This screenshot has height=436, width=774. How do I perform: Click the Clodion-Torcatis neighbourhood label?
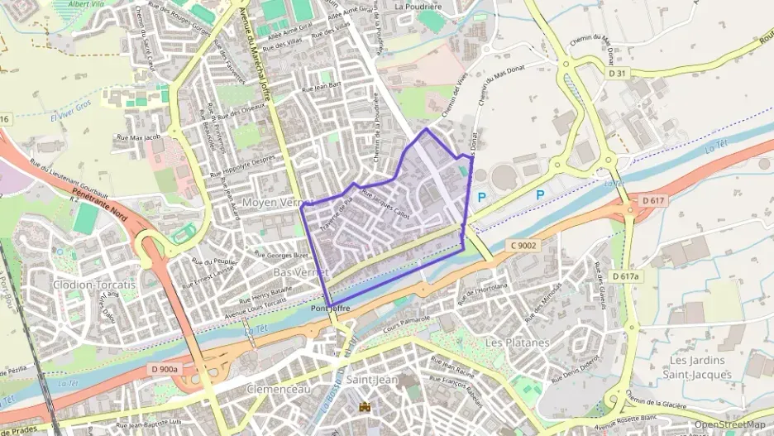pos(93,284)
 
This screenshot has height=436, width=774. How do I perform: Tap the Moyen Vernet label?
pos(274,203)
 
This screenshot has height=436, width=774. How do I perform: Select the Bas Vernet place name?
pos(299,271)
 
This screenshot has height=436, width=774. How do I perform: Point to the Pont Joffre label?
pos(332,309)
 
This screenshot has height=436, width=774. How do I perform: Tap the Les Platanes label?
pos(517,342)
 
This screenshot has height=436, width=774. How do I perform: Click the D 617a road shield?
pos(625,275)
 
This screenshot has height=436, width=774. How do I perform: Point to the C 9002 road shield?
pos(523,245)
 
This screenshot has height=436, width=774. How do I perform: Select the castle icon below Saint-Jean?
pos(364,406)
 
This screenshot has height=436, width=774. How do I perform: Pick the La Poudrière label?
pos(418,7)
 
